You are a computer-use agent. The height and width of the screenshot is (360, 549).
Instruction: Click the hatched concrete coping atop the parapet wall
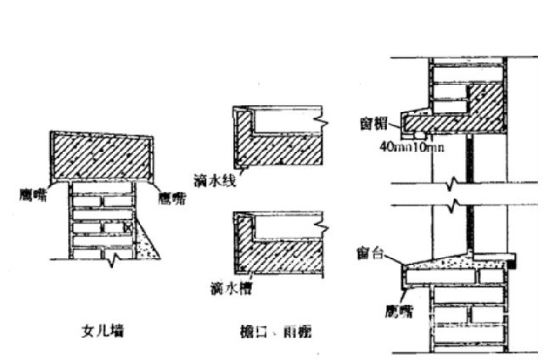tap(102, 157)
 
